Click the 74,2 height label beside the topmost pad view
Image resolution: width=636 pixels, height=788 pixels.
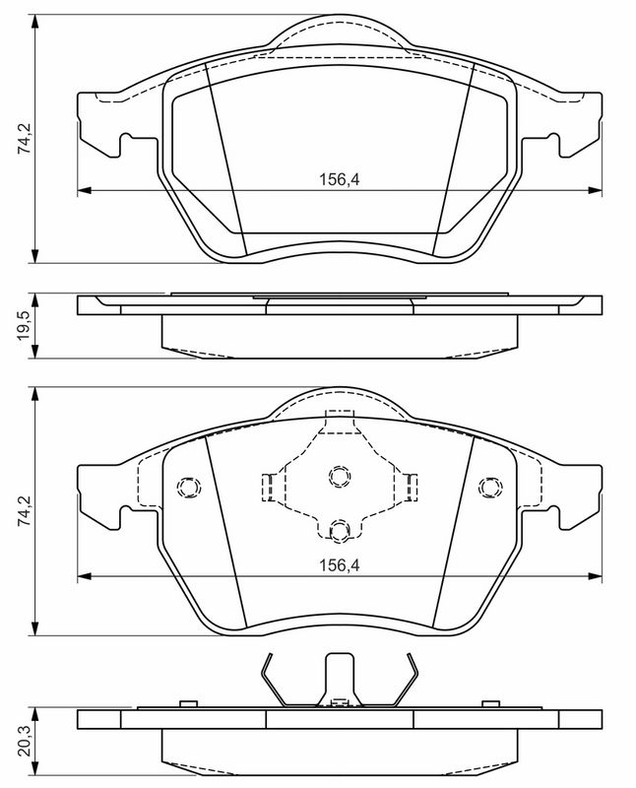click(26, 138)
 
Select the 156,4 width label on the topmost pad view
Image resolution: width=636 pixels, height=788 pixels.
click(340, 179)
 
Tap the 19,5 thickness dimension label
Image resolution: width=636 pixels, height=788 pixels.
click(26, 326)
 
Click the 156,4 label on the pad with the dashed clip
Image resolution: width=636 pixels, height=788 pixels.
click(340, 564)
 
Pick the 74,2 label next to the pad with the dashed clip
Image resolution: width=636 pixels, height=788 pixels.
click(26, 511)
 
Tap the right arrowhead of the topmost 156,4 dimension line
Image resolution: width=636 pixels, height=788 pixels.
click(595, 190)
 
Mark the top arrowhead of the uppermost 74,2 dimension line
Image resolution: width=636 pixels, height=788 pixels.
click(34, 22)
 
